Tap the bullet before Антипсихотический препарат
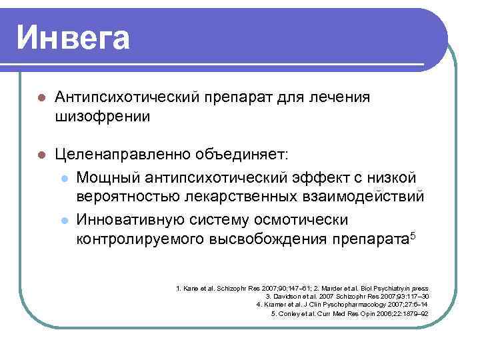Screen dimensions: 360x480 point(41,99)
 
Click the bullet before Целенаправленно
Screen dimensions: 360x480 point(41,155)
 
